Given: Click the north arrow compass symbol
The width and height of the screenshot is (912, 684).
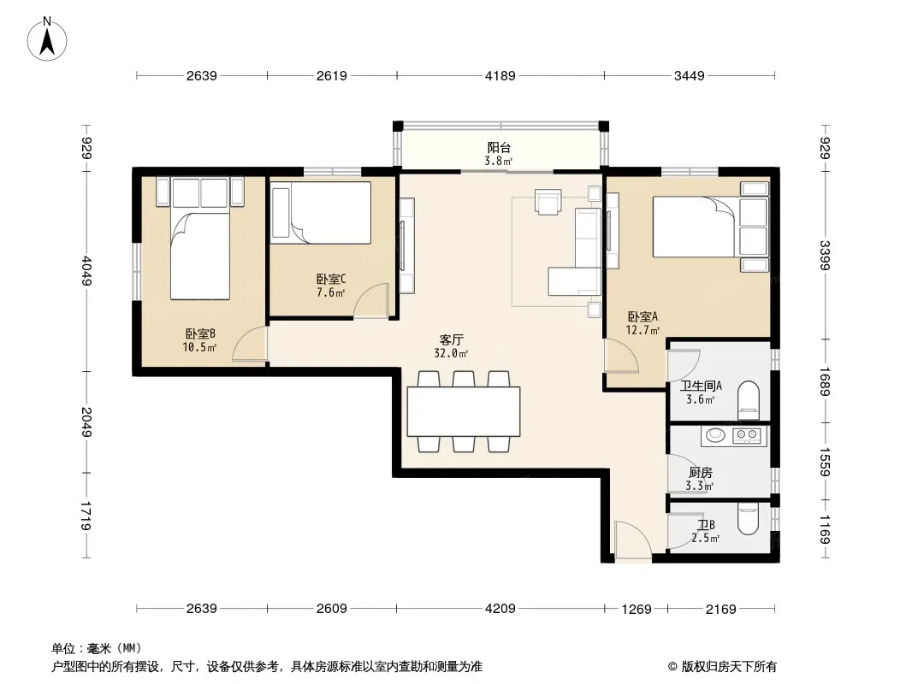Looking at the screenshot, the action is [x=47, y=39].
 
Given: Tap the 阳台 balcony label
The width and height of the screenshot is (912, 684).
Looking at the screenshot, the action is [x=499, y=148].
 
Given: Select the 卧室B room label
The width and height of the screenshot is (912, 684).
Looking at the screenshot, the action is [x=200, y=333].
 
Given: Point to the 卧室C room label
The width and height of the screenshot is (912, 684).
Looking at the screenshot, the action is [x=331, y=280].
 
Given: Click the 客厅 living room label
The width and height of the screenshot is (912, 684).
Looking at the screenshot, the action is [x=452, y=339].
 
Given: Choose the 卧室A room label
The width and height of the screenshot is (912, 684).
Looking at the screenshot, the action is [x=643, y=316].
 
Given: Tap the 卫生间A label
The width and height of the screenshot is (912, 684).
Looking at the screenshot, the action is [x=701, y=386].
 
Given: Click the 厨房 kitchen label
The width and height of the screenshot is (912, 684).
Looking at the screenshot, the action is [x=700, y=473].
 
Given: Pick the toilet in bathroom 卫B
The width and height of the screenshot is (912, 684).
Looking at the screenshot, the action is [x=748, y=519].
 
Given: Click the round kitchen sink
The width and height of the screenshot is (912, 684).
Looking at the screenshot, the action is [x=714, y=434].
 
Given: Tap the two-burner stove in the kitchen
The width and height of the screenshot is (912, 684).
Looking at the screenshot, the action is [x=747, y=434].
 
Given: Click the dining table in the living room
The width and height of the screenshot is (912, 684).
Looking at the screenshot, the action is [x=464, y=411].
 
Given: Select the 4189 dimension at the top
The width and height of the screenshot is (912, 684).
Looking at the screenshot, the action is [x=500, y=75].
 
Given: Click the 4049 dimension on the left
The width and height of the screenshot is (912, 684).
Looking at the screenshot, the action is [x=86, y=271].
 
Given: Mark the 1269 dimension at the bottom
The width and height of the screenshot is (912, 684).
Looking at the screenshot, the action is [x=637, y=609].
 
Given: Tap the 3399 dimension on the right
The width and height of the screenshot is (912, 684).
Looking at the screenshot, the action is [x=825, y=255].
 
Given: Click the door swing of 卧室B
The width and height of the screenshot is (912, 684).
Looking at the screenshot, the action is [x=250, y=344].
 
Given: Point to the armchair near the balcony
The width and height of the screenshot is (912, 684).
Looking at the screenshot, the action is [x=548, y=202].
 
